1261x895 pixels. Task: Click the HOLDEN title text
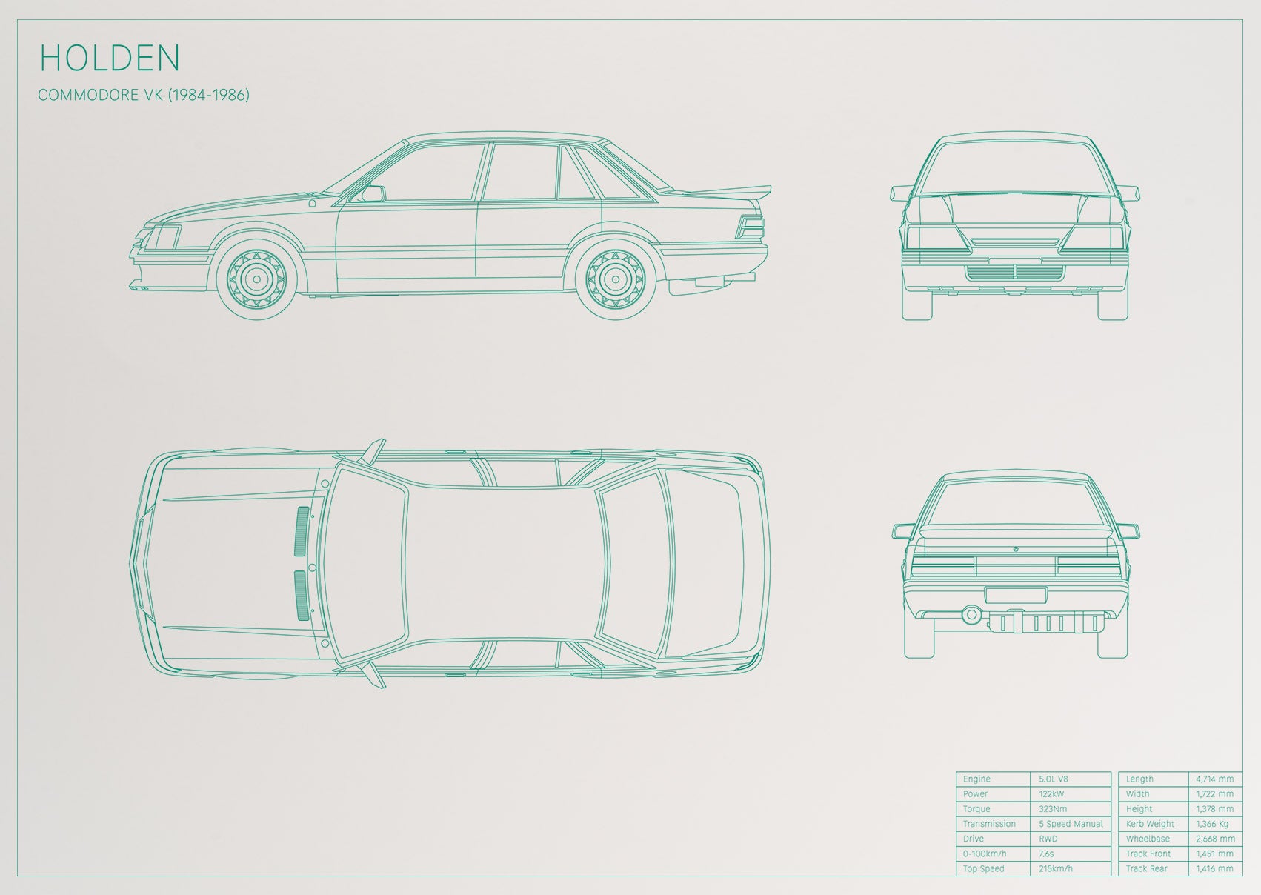[109, 57]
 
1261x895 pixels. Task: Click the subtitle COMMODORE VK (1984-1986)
[144, 95]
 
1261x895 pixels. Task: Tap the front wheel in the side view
[256, 279]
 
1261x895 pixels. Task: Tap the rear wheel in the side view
[616, 279]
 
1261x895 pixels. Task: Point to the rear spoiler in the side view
[726, 191]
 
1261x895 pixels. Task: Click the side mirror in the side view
[373, 193]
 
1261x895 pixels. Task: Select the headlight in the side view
[165, 237]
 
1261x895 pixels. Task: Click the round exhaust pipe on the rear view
[971, 614]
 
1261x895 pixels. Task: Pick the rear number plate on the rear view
[1016, 595]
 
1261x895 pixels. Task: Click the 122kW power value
[1051, 793]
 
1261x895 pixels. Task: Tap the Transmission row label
[989, 824]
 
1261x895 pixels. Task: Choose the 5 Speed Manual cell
[1071, 824]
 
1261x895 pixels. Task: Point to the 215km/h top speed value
[1056, 868]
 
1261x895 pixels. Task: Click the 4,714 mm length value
[1215, 779]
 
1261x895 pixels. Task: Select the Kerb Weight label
[1150, 824]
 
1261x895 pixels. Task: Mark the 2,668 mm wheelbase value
[1215, 839]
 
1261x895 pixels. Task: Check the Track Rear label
[1147, 868]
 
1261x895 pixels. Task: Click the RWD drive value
[1048, 839]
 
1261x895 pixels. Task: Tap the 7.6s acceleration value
[1047, 854]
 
